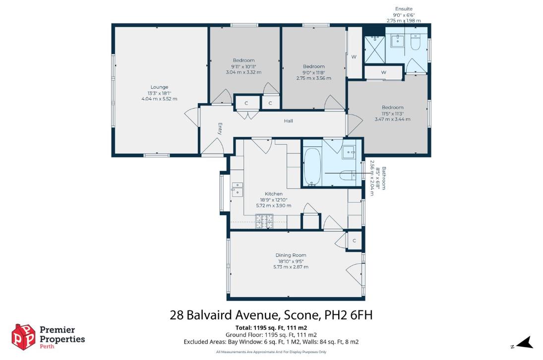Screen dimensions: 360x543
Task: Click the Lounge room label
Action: [159, 87]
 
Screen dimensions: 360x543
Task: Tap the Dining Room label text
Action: [291, 255]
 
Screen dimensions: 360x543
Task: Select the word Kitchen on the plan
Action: [274, 194]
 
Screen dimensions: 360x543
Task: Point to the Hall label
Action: [288, 121]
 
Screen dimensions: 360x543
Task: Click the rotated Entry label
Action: [220, 129]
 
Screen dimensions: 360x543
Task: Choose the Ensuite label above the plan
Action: [403, 9]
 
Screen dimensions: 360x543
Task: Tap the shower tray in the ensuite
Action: [374, 49]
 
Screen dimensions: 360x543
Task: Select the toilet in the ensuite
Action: [416, 44]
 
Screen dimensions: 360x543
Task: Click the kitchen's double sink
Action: [237, 188]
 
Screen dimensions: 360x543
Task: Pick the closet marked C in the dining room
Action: [354, 240]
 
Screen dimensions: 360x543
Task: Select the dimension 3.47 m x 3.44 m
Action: [392, 119]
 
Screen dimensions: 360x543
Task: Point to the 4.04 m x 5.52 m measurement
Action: [159, 99]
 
